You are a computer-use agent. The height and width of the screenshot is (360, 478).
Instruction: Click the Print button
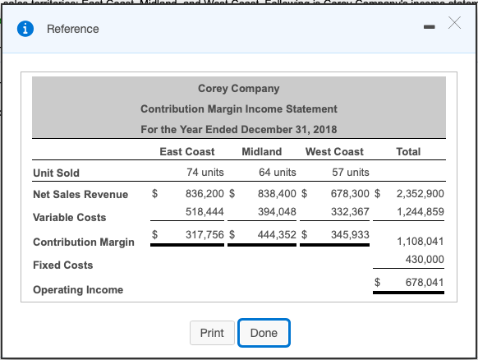point(212,333)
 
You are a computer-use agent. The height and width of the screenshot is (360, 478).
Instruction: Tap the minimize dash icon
point(427,29)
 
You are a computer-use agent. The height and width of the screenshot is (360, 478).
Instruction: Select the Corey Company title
point(238,88)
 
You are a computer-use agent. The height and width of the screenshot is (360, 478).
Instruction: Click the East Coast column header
point(187,151)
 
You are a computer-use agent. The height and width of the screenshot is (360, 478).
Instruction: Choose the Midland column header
point(262,151)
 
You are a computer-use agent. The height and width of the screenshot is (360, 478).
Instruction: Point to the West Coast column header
point(334,151)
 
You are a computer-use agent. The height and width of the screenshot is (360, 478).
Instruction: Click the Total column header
point(408,151)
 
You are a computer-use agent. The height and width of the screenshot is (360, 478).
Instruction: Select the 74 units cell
point(205,173)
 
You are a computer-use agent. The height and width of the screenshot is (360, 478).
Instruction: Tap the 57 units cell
point(350,173)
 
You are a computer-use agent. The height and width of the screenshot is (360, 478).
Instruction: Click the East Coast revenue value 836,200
point(205,195)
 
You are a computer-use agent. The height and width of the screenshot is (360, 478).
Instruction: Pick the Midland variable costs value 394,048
point(277,212)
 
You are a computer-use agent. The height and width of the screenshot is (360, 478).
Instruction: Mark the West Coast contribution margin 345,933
point(349,235)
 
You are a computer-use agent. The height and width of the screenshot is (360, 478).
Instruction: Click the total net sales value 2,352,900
point(420,195)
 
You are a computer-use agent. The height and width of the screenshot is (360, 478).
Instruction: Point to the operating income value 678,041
point(425,282)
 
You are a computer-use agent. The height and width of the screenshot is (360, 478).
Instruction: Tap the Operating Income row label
point(78,289)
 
